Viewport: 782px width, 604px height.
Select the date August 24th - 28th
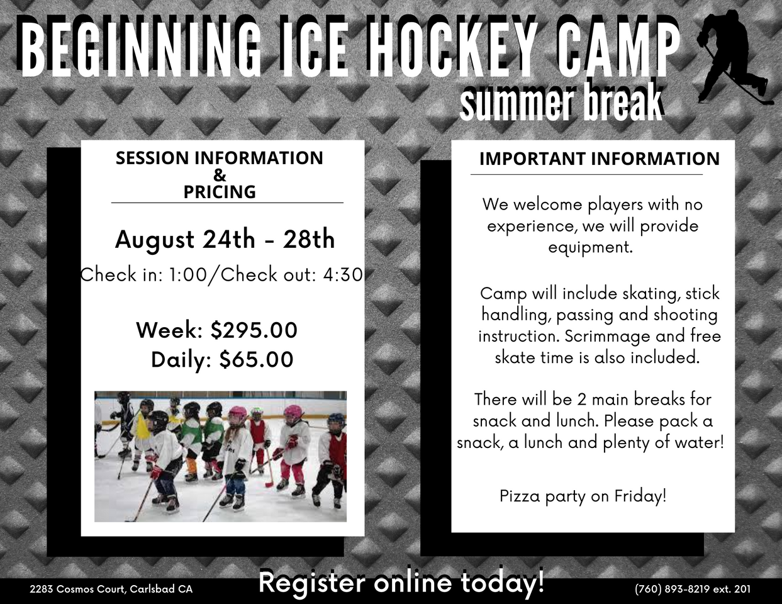[x=225, y=240]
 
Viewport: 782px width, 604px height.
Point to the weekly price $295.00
[x=254, y=330]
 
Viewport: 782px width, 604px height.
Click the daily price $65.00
[x=257, y=359]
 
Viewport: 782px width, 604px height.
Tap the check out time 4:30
[x=343, y=275]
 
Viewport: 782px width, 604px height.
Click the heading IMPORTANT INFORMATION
[x=600, y=159]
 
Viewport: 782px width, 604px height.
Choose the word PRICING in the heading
[x=220, y=192]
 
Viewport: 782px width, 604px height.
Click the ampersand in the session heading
[x=220, y=176]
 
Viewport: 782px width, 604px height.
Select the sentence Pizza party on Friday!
[x=583, y=496]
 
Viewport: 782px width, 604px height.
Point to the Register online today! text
[x=401, y=582]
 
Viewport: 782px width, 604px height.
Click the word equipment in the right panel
[x=590, y=248]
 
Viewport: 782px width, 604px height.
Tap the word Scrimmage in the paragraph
[x=608, y=337]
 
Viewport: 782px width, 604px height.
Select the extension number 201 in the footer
[x=742, y=590]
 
